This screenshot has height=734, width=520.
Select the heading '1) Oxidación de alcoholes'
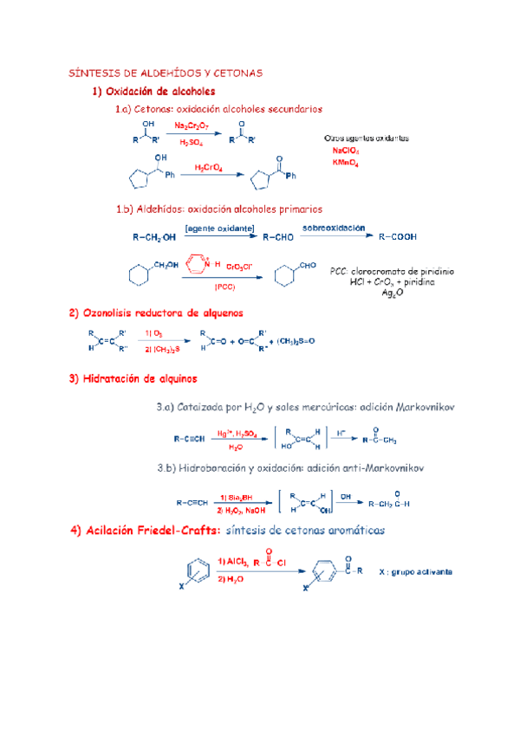coord(153,91)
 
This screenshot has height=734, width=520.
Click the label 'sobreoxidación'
coord(335,227)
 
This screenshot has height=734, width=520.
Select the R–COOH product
coord(400,235)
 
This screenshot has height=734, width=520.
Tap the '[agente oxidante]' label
coord(219,228)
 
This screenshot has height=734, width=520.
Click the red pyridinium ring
coord(196,263)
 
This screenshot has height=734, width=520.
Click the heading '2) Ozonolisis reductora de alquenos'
coord(156,312)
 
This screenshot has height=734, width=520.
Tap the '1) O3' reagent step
coord(155,332)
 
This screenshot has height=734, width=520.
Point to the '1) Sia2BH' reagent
coord(237,497)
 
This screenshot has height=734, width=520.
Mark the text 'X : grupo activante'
coord(416,572)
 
